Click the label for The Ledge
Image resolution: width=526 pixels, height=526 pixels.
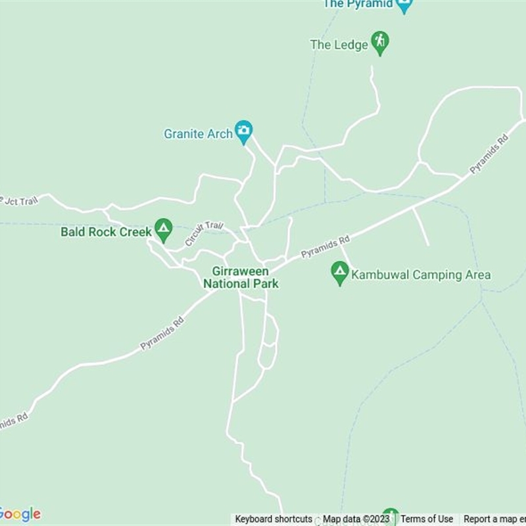[338, 45]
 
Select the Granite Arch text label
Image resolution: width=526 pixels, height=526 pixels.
[198, 134]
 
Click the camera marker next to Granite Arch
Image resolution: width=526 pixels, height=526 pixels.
[244, 131]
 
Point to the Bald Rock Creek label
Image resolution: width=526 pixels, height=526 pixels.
[106, 232]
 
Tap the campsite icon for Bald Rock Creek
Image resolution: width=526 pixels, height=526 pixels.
[163, 229]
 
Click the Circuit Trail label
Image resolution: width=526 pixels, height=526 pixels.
[204, 233]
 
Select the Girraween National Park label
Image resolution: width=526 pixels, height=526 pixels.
[241, 277]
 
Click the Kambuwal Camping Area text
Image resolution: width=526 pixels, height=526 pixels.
[421, 275]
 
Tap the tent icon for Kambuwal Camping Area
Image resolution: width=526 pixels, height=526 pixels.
[339, 272]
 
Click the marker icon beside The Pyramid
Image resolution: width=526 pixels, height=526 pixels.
[404, 5]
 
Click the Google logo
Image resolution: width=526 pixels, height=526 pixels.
[20, 514]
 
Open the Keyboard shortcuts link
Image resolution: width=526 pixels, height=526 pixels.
[274, 519]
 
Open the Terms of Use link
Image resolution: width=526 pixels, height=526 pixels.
[427, 519]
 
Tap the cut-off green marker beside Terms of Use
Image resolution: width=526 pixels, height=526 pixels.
[391, 516]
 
